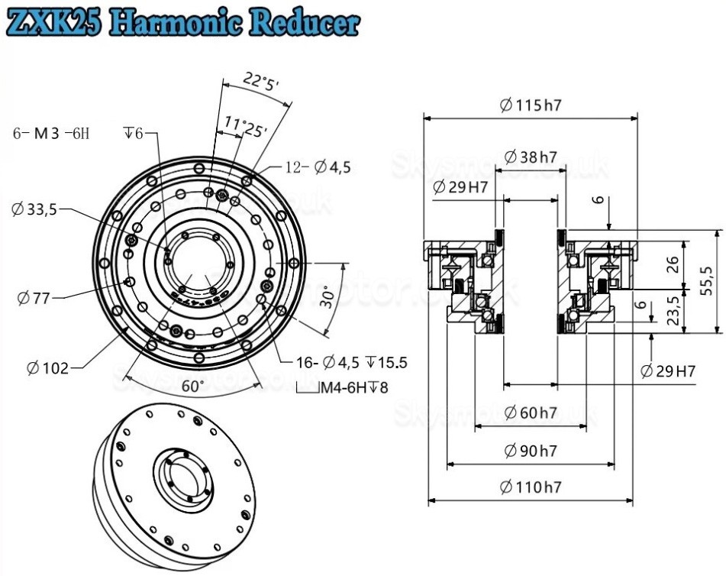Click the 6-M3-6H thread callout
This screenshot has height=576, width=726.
[x=51, y=134]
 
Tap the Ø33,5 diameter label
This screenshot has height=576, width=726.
[x=37, y=208]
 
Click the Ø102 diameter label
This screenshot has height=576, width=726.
[x=47, y=368]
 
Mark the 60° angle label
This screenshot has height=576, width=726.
[x=192, y=386]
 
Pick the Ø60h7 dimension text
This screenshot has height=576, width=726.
[x=530, y=413]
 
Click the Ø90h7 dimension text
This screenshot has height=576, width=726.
[x=530, y=451]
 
